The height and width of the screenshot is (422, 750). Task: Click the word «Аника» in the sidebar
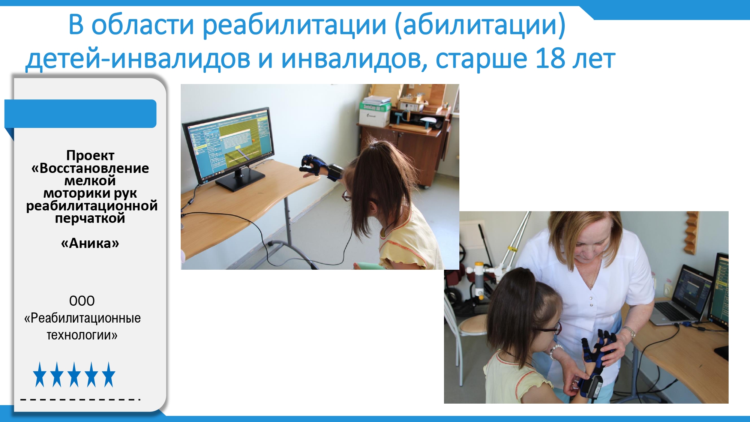(90, 243)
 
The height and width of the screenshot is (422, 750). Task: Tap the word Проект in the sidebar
(90, 155)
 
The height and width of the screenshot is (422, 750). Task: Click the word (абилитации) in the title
(480, 26)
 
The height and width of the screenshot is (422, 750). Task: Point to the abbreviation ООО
(82, 301)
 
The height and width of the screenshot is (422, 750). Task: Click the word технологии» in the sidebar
(82, 335)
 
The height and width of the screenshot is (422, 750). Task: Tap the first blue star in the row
(39, 374)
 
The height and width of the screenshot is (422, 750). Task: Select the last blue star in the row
(108, 374)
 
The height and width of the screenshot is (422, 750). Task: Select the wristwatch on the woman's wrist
(630, 332)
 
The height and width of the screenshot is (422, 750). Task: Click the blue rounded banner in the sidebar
(80, 114)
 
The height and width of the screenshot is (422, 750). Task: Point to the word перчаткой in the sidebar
(90, 218)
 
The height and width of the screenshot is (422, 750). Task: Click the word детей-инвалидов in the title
(138, 59)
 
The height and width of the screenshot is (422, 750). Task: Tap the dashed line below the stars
(80, 399)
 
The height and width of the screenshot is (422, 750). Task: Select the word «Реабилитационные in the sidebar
(82, 318)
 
